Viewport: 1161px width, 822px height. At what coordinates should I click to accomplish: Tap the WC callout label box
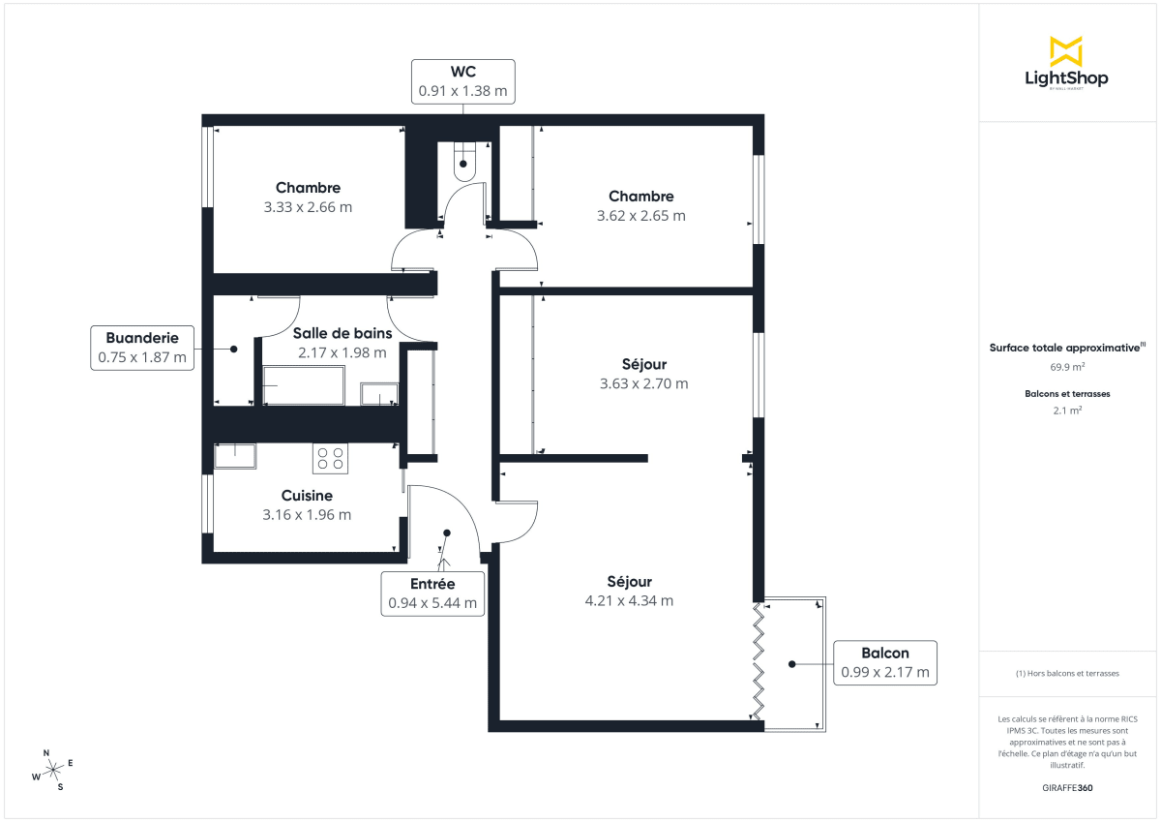tap(462, 81)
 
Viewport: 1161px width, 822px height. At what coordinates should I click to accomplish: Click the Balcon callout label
tap(885, 662)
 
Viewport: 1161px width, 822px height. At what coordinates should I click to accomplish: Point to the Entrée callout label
tap(432, 593)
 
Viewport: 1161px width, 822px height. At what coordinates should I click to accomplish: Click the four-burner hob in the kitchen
tap(330, 457)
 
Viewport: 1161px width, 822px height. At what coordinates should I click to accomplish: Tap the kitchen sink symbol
tap(235, 455)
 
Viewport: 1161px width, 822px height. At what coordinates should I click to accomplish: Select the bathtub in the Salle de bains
tap(303, 385)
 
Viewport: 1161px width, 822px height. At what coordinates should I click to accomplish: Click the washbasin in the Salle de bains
tap(379, 393)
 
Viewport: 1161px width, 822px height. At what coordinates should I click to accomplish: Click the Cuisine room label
tap(307, 496)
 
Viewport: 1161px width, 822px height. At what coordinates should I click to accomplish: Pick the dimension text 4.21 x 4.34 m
tap(629, 600)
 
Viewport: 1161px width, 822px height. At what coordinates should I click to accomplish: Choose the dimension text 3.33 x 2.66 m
tap(308, 206)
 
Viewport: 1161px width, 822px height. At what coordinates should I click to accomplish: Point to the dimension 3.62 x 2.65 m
tap(641, 216)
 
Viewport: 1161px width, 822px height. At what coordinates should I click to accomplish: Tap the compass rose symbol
tap(52, 769)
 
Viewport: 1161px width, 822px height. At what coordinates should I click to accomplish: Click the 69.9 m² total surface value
tap(1067, 367)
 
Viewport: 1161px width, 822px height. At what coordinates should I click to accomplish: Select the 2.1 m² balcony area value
tap(1067, 411)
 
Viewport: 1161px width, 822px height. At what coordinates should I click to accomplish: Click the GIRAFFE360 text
tap(1067, 788)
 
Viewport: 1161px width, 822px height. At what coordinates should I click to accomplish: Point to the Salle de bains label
tap(342, 333)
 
